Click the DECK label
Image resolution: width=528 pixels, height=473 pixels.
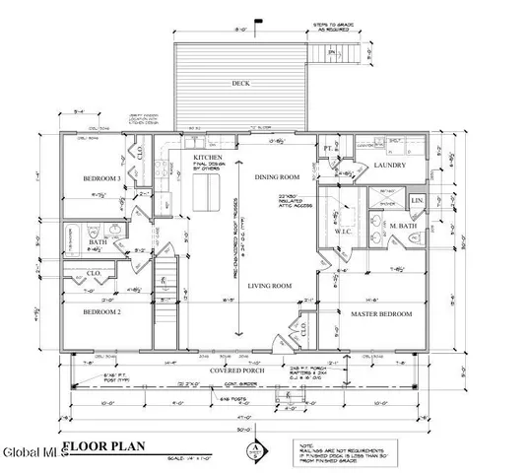coord(239,84)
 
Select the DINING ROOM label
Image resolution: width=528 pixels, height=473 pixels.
coord(270,176)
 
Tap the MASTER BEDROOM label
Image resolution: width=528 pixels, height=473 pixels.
coord(380,314)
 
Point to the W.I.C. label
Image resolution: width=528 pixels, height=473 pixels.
coord(345,234)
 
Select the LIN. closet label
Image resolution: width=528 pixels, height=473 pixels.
coord(417,201)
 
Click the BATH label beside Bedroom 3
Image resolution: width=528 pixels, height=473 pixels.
coord(97,241)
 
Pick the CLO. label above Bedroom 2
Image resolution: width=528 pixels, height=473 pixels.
coord(95,272)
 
